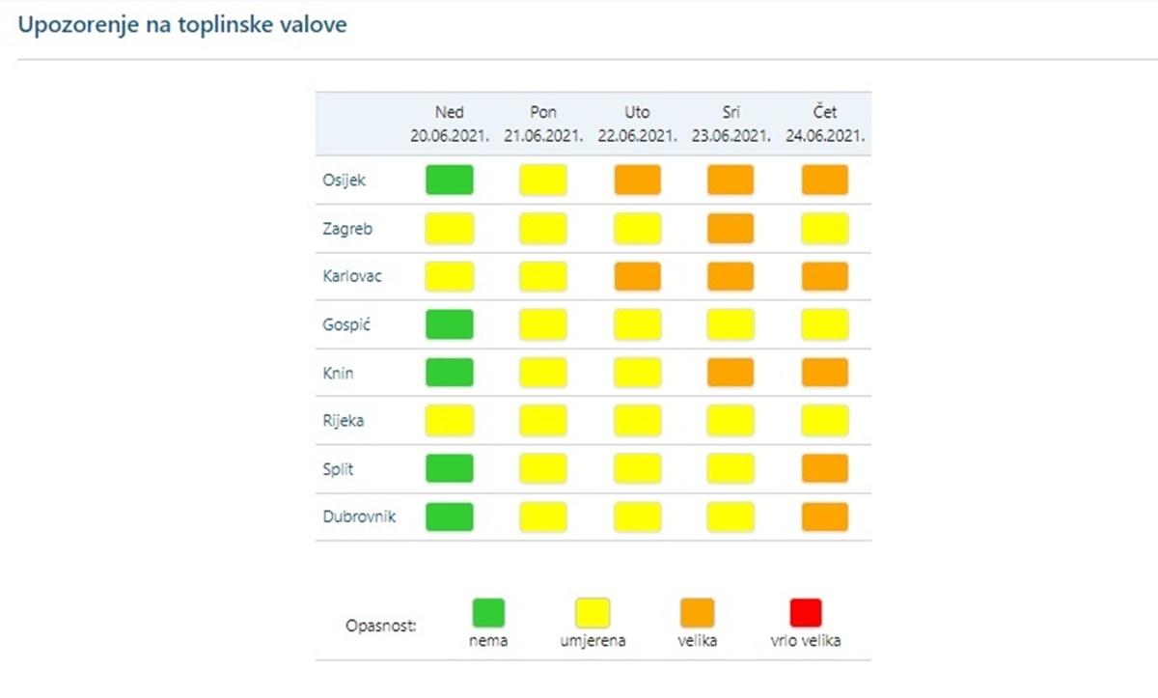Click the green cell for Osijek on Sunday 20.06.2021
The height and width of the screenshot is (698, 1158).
(450, 180)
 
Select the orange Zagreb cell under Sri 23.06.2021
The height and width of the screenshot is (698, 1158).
(731, 228)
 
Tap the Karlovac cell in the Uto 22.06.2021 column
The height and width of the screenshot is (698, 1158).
(638, 276)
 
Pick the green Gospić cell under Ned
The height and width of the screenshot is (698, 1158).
(450, 324)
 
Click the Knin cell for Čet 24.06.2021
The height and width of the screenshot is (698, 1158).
(825, 373)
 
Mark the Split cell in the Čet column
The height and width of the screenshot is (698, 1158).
(825, 469)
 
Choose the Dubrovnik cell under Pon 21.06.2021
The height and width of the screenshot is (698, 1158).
(543, 517)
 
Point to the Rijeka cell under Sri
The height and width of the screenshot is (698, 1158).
(731, 421)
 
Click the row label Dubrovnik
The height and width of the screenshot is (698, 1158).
(359, 517)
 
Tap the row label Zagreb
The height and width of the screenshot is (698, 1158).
(347, 229)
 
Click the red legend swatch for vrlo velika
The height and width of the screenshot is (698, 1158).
(806, 613)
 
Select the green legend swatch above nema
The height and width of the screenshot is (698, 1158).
(488, 613)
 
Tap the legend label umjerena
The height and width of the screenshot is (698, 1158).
(593, 641)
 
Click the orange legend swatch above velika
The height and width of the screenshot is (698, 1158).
(698, 613)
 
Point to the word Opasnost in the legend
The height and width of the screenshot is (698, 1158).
(380, 627)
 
